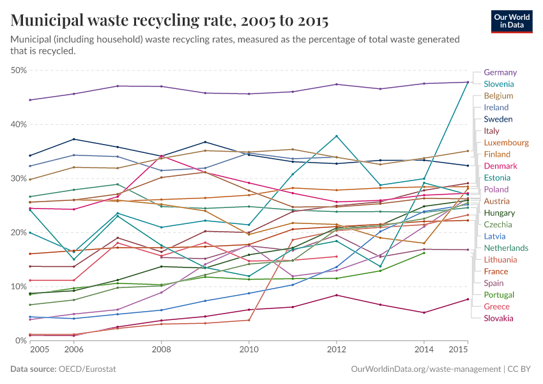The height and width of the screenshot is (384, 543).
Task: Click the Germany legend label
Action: coord(500,72)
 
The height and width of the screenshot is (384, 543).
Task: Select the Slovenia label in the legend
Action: coord(500,84)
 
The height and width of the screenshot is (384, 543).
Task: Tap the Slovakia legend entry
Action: coord(498,318)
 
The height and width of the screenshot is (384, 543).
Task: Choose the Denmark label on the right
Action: coord(500,166)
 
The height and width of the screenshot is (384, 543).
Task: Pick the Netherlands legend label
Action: coord(506,248)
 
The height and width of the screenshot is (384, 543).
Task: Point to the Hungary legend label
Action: coord(500,212)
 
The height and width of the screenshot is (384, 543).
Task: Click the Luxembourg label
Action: coord(506,143)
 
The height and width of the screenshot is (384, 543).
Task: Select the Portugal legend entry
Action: coord(499,294)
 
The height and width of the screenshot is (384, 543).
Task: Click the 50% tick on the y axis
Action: coord(19,70)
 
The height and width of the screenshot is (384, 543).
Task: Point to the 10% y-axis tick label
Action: coord(19,286)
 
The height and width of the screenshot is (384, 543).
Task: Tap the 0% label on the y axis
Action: coord(20,340)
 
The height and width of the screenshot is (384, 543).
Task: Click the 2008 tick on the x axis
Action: coord(161,351)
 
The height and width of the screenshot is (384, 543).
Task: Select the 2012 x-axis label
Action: coord(336,351)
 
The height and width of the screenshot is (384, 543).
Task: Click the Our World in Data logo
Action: coord(511,20)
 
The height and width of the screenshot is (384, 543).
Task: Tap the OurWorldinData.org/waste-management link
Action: coord(426,369)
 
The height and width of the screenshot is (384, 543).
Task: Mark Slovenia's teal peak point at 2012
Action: coord(336,136)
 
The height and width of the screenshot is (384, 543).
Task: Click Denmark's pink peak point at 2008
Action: coord(161,156)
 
